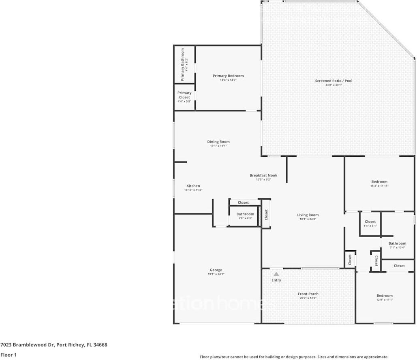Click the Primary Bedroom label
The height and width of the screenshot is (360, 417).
pos(228,76)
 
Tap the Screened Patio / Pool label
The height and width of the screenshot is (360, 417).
pos(334,81)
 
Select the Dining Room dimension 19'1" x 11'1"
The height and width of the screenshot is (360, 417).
pos(218,146)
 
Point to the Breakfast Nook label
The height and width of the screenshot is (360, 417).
pos(263,175)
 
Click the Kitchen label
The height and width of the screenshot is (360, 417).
pos(193,186)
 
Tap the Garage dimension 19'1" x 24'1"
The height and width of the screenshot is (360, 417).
pos(216,274)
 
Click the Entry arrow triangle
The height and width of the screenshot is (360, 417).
pos(276,274)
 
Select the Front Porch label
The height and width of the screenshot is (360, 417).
pos(308,294)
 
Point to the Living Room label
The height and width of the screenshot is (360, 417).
pos(308,215)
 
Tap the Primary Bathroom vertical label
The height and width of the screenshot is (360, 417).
pos(182,65)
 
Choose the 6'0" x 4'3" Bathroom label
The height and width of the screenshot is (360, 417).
pos(245,214)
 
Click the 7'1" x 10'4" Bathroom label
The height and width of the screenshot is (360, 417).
pos(397,244)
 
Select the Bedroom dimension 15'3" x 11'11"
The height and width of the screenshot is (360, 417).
pos(379,186)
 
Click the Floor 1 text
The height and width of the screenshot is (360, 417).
pos(8,355)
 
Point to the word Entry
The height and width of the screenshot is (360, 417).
pos(276,280)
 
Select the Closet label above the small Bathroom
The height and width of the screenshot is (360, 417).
pos(243,202)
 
